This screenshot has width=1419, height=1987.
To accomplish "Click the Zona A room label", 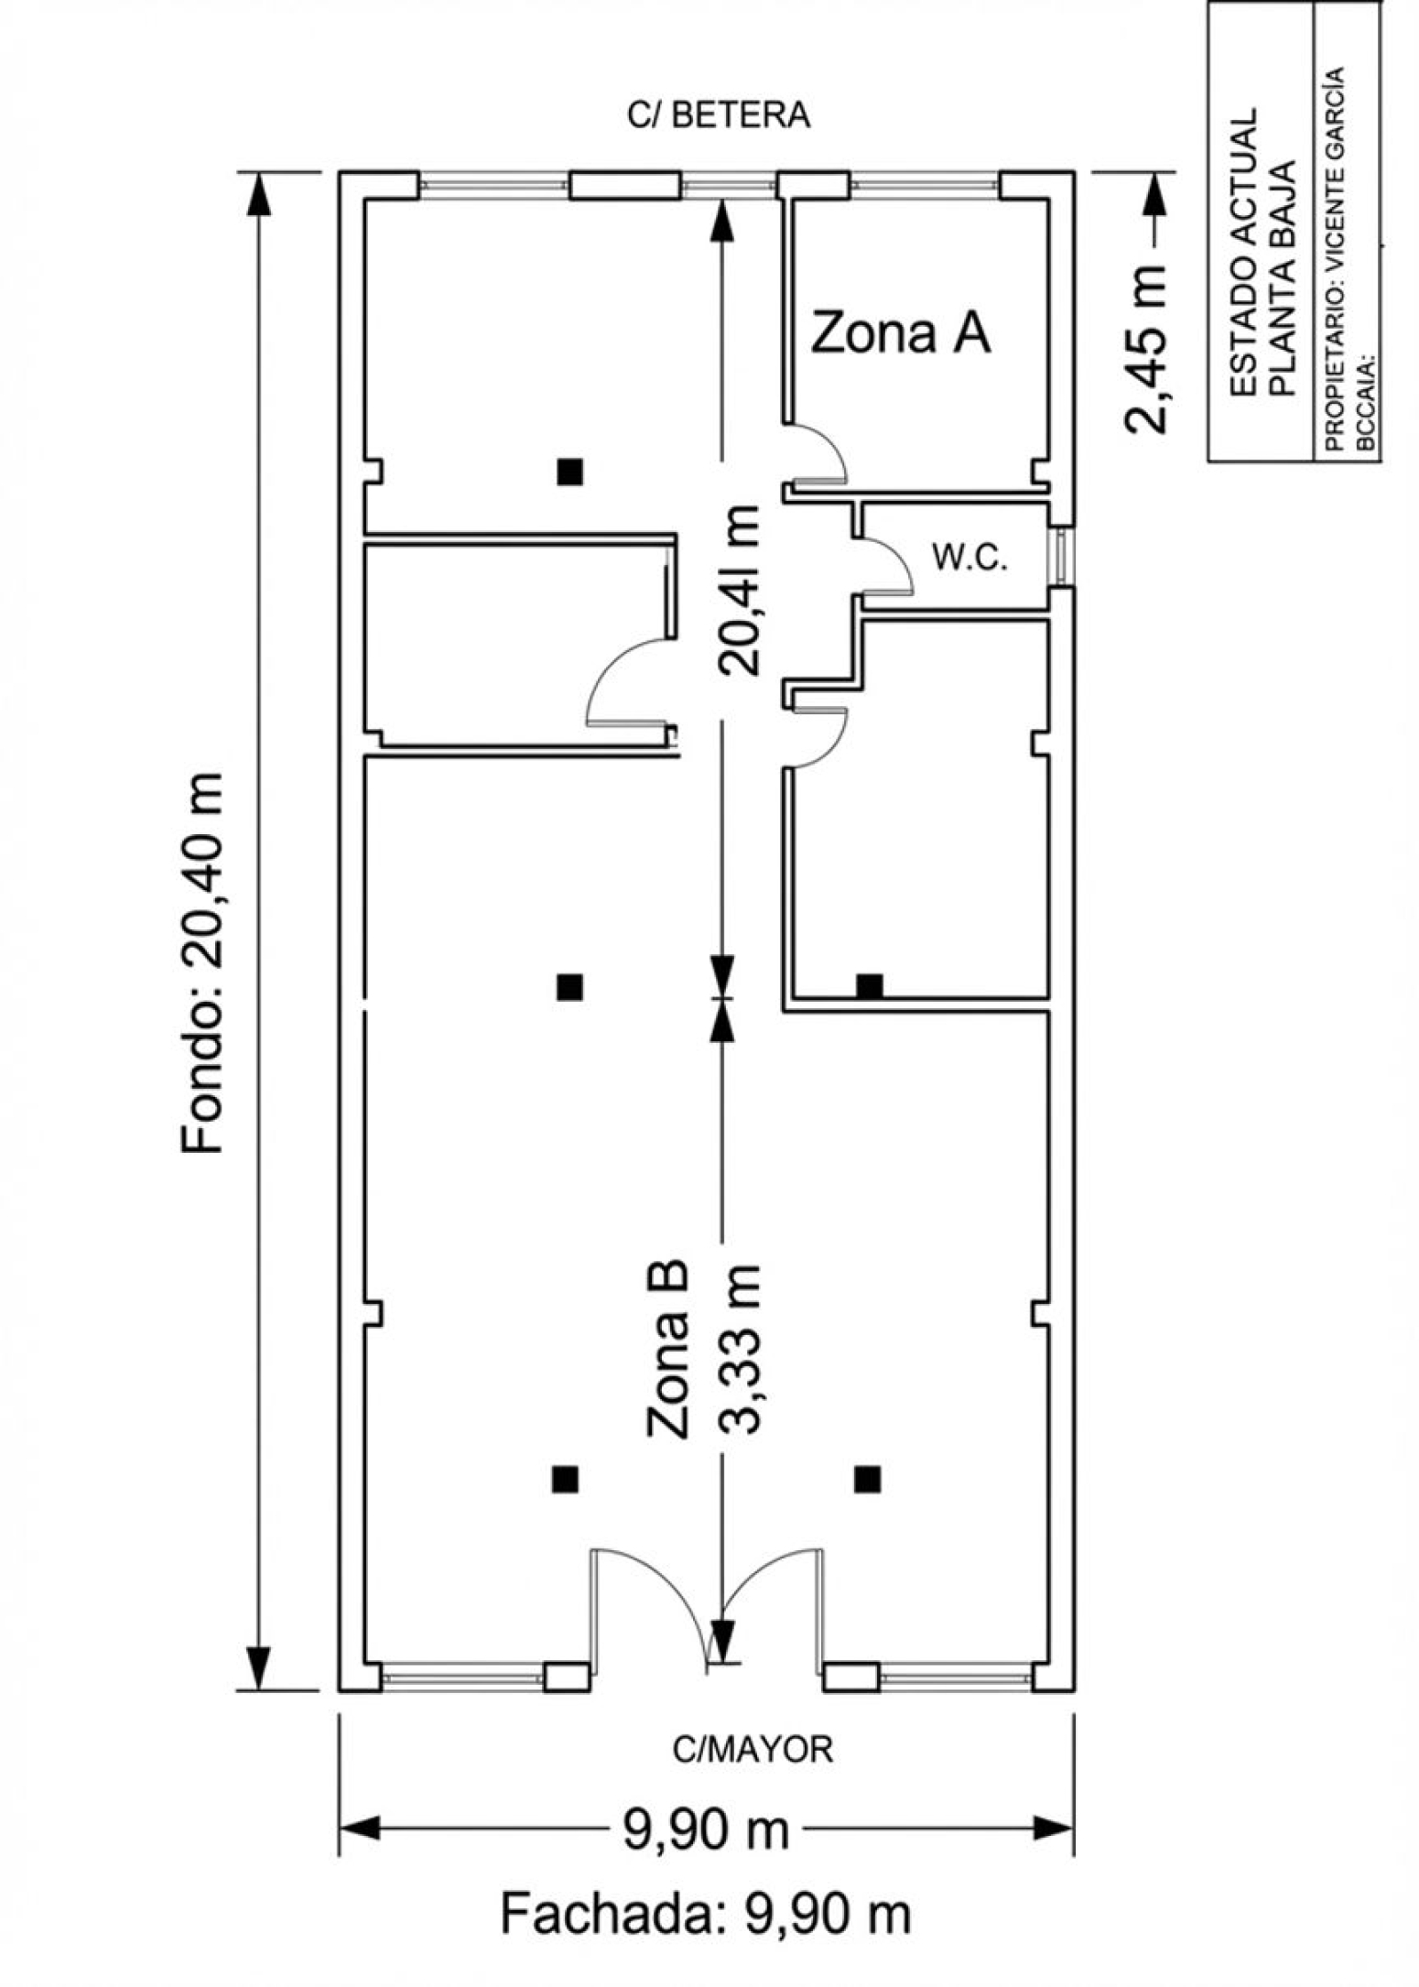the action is click(901, 333).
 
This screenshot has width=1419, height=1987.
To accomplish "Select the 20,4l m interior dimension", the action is click(740, 590).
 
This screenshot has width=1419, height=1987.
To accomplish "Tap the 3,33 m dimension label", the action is click(740, 1350).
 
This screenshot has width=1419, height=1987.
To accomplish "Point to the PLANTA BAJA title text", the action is click(1284, 278).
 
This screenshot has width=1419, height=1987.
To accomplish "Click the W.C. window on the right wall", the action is click(1061, 556).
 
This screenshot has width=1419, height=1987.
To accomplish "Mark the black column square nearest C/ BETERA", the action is click(570, 472).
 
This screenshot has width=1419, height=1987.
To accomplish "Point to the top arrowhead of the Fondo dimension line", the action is click(258, 194).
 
